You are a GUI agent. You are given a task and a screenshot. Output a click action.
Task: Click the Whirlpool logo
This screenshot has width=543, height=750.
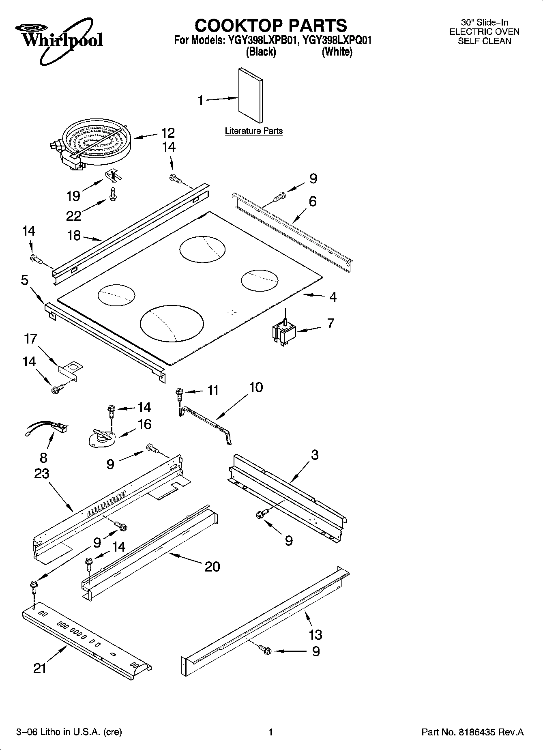[59, 40]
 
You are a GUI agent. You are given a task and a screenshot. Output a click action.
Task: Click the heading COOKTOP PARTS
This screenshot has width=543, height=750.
[271, 25]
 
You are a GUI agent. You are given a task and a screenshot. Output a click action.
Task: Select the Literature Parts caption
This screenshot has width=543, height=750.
[253, 131]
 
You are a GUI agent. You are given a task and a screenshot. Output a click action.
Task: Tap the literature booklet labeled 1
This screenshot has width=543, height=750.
[250, 95]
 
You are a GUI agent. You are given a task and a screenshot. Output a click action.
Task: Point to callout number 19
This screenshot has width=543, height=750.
[73, 196]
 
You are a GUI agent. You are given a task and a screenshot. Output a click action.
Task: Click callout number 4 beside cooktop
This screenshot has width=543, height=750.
[333, 297]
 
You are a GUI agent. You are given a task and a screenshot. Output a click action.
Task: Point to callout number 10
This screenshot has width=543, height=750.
[256, 387]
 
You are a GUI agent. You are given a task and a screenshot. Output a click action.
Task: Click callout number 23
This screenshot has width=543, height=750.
[42, 473]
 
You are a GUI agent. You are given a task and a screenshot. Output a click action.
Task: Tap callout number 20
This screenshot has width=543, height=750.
[212, 566]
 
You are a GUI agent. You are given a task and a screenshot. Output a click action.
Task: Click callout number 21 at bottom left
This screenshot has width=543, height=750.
[40, 668]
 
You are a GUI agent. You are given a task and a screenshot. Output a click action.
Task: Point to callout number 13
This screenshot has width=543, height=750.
[315, 634]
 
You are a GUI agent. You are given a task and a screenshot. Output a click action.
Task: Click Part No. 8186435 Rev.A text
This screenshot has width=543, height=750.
[472, 732]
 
